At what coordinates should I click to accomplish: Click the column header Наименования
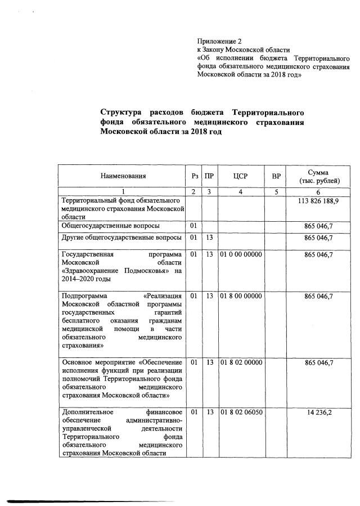(x=123, y=176)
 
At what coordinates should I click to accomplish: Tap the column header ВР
(x=276, y=176)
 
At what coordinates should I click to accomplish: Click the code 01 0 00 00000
(x=241, y=254)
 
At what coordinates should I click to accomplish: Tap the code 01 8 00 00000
(x=241, y=296)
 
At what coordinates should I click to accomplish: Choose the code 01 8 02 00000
(x=241, y=363)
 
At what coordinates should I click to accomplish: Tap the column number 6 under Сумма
(x=319, y=192)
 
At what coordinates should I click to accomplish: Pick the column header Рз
(x=193, y=176)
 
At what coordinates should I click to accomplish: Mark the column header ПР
(x=209, y=176)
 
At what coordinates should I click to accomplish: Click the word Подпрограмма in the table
(x=86, y=296)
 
